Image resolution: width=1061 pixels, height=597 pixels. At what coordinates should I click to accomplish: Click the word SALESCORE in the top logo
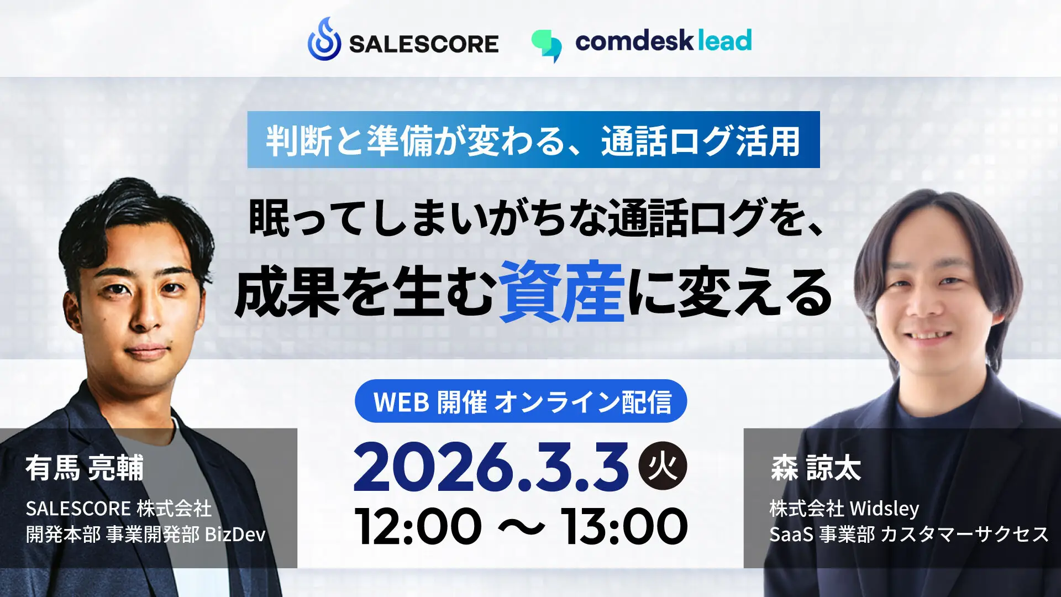pos(424,44)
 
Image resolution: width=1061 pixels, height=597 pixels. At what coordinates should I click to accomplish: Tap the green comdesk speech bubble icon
pos(546,45)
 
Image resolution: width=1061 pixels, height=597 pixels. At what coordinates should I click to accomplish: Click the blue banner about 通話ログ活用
pos(533,140)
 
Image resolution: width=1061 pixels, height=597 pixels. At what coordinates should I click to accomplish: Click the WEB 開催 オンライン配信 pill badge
pos(521,401)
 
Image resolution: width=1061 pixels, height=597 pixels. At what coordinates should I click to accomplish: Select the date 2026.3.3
pos(491,468)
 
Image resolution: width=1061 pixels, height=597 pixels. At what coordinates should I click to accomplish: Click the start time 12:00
pos(418,526)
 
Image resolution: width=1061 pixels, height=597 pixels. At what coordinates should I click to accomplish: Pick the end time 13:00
pos(624,526)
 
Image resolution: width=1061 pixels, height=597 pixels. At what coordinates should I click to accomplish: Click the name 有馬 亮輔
pos(85,468)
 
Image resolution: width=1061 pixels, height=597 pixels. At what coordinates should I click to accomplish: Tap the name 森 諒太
pos(816,468)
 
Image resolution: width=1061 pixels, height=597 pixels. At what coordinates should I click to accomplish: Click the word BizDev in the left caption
pos(235,535)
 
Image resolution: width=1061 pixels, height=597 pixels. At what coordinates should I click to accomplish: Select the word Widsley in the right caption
pos(884,508)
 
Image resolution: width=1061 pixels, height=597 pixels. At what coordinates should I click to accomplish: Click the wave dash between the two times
pos(521,527)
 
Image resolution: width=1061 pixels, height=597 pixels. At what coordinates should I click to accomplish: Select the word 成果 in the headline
pos(287,292)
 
